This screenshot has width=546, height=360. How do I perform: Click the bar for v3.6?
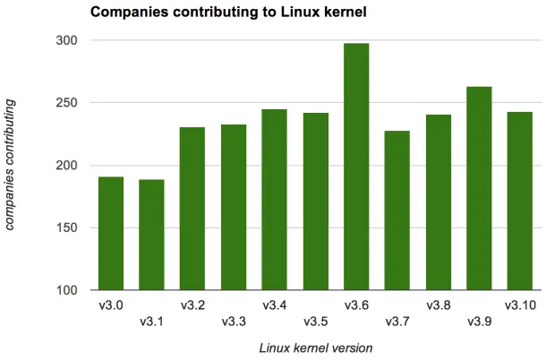point(356,167)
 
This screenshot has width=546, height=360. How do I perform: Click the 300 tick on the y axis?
point(67,40)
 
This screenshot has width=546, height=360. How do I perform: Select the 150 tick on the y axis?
point(67,228)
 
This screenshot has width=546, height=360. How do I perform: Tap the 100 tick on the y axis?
point(67,291)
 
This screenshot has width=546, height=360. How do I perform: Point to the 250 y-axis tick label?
point(67,103)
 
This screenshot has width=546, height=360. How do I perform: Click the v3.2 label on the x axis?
point(192,305)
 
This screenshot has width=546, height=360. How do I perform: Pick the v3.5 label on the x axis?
point(315,322)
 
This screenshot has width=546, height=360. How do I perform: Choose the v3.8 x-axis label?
point(439,305)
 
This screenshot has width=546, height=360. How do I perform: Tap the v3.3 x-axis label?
point(234,322)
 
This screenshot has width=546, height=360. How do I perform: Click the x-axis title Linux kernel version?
point(315,347)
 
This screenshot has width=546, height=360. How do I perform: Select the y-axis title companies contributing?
point(10,166)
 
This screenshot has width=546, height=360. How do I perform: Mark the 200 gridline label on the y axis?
point(67,166)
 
